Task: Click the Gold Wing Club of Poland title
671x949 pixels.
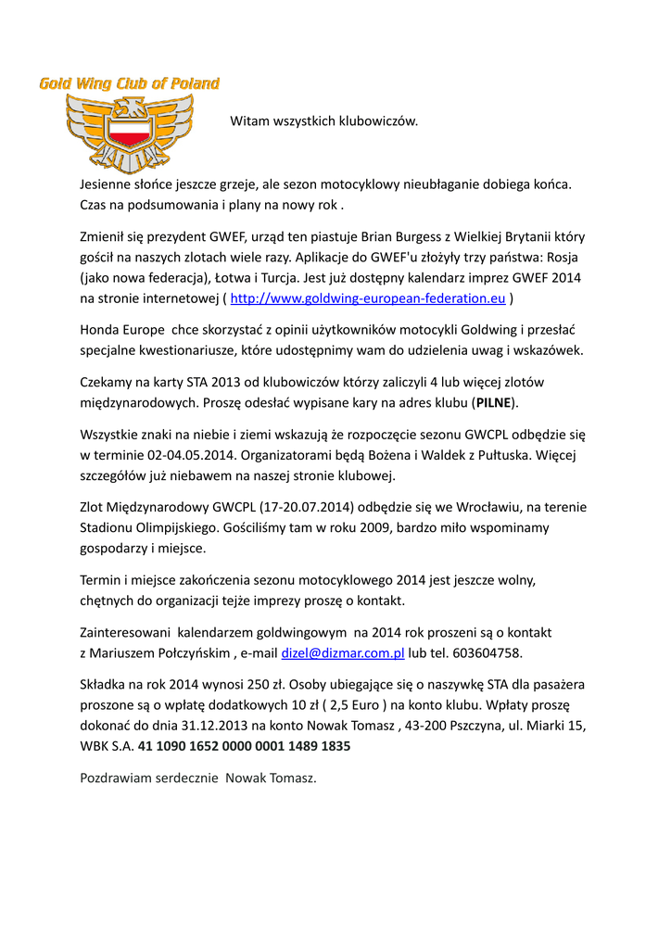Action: point(129,83)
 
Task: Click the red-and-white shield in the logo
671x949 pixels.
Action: point(129,130)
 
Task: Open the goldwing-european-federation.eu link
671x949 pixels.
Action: point(367,298)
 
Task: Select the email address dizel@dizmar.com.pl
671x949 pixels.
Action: point(343,652)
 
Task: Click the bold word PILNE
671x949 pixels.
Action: point(493,402)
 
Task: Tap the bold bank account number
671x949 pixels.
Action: point(244,745)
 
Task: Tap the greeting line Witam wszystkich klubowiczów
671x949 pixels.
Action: point(324,120)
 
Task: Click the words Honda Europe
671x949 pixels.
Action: point(123,329)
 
